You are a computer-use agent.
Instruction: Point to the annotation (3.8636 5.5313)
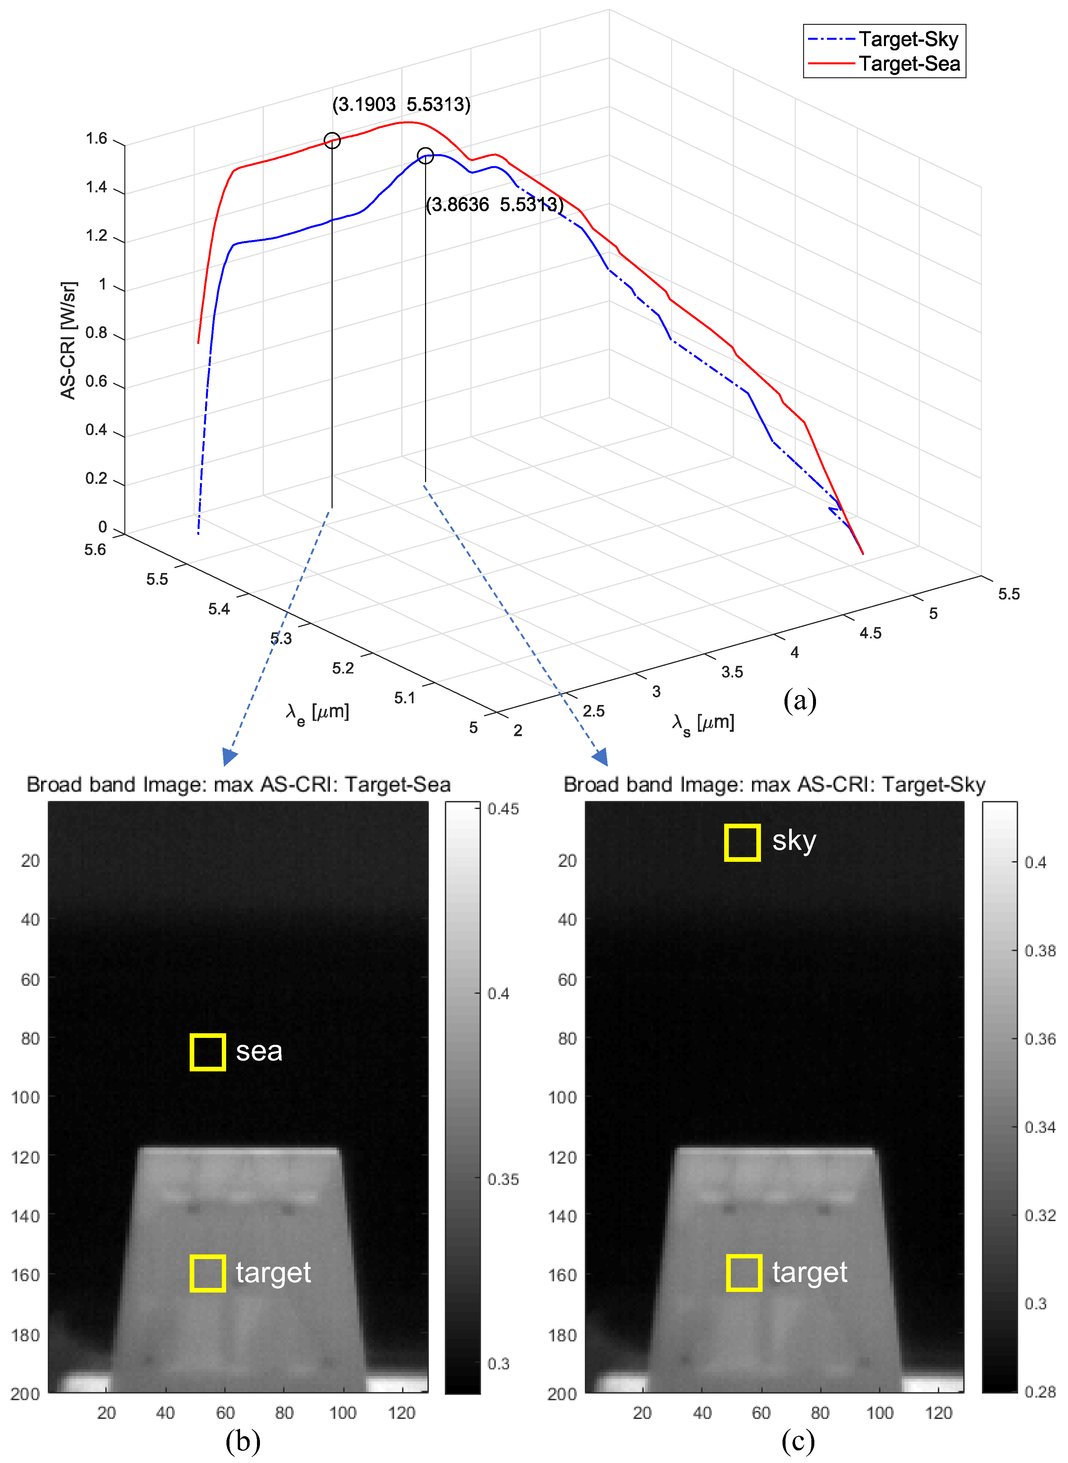pyautogui.click(x=495, y=205)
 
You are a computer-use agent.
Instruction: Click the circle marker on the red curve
pyautogui.click(x=332, y=140)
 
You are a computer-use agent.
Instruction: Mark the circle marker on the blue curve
pyautogui.click(x=425, y=155)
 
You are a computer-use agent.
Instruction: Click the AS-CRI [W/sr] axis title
pyautogui.click(x=68, y=340)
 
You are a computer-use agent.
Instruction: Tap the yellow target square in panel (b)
pyautogui.click(x=208, y=1273)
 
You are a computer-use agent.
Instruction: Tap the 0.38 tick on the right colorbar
pyautogui.click(x=1039, y=950)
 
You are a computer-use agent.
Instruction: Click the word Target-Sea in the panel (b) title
pyautogui.click(x=398, y=784)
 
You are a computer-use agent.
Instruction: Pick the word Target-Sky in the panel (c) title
pyautogui.click(x=933, y=784)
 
